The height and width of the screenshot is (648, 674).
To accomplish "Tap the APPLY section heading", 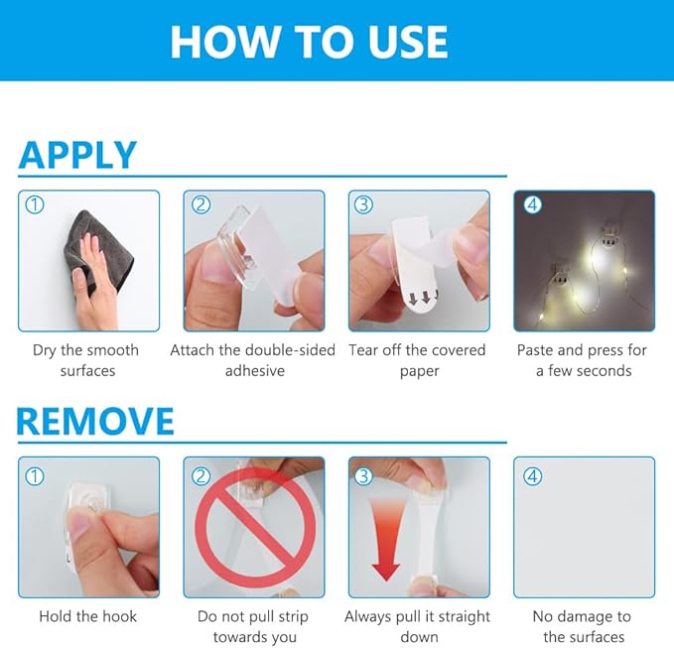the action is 77,155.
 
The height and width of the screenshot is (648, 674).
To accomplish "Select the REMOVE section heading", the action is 95,421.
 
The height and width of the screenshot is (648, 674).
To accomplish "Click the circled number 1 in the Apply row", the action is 35,205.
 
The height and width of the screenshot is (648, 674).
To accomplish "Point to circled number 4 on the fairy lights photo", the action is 533,205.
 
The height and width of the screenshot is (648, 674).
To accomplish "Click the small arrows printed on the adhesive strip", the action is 424,298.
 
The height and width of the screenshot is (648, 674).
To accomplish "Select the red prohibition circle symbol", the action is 255,528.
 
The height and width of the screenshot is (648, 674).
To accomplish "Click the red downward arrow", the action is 386,540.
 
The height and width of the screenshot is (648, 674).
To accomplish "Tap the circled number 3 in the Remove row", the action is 363,476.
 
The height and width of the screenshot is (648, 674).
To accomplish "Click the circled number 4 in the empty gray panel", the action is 533,476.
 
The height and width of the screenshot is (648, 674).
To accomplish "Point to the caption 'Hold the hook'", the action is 88,616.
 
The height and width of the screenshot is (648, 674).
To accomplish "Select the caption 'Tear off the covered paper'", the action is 418,360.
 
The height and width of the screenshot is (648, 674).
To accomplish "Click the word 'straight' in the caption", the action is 465,617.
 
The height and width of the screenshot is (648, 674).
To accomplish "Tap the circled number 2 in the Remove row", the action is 201,476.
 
